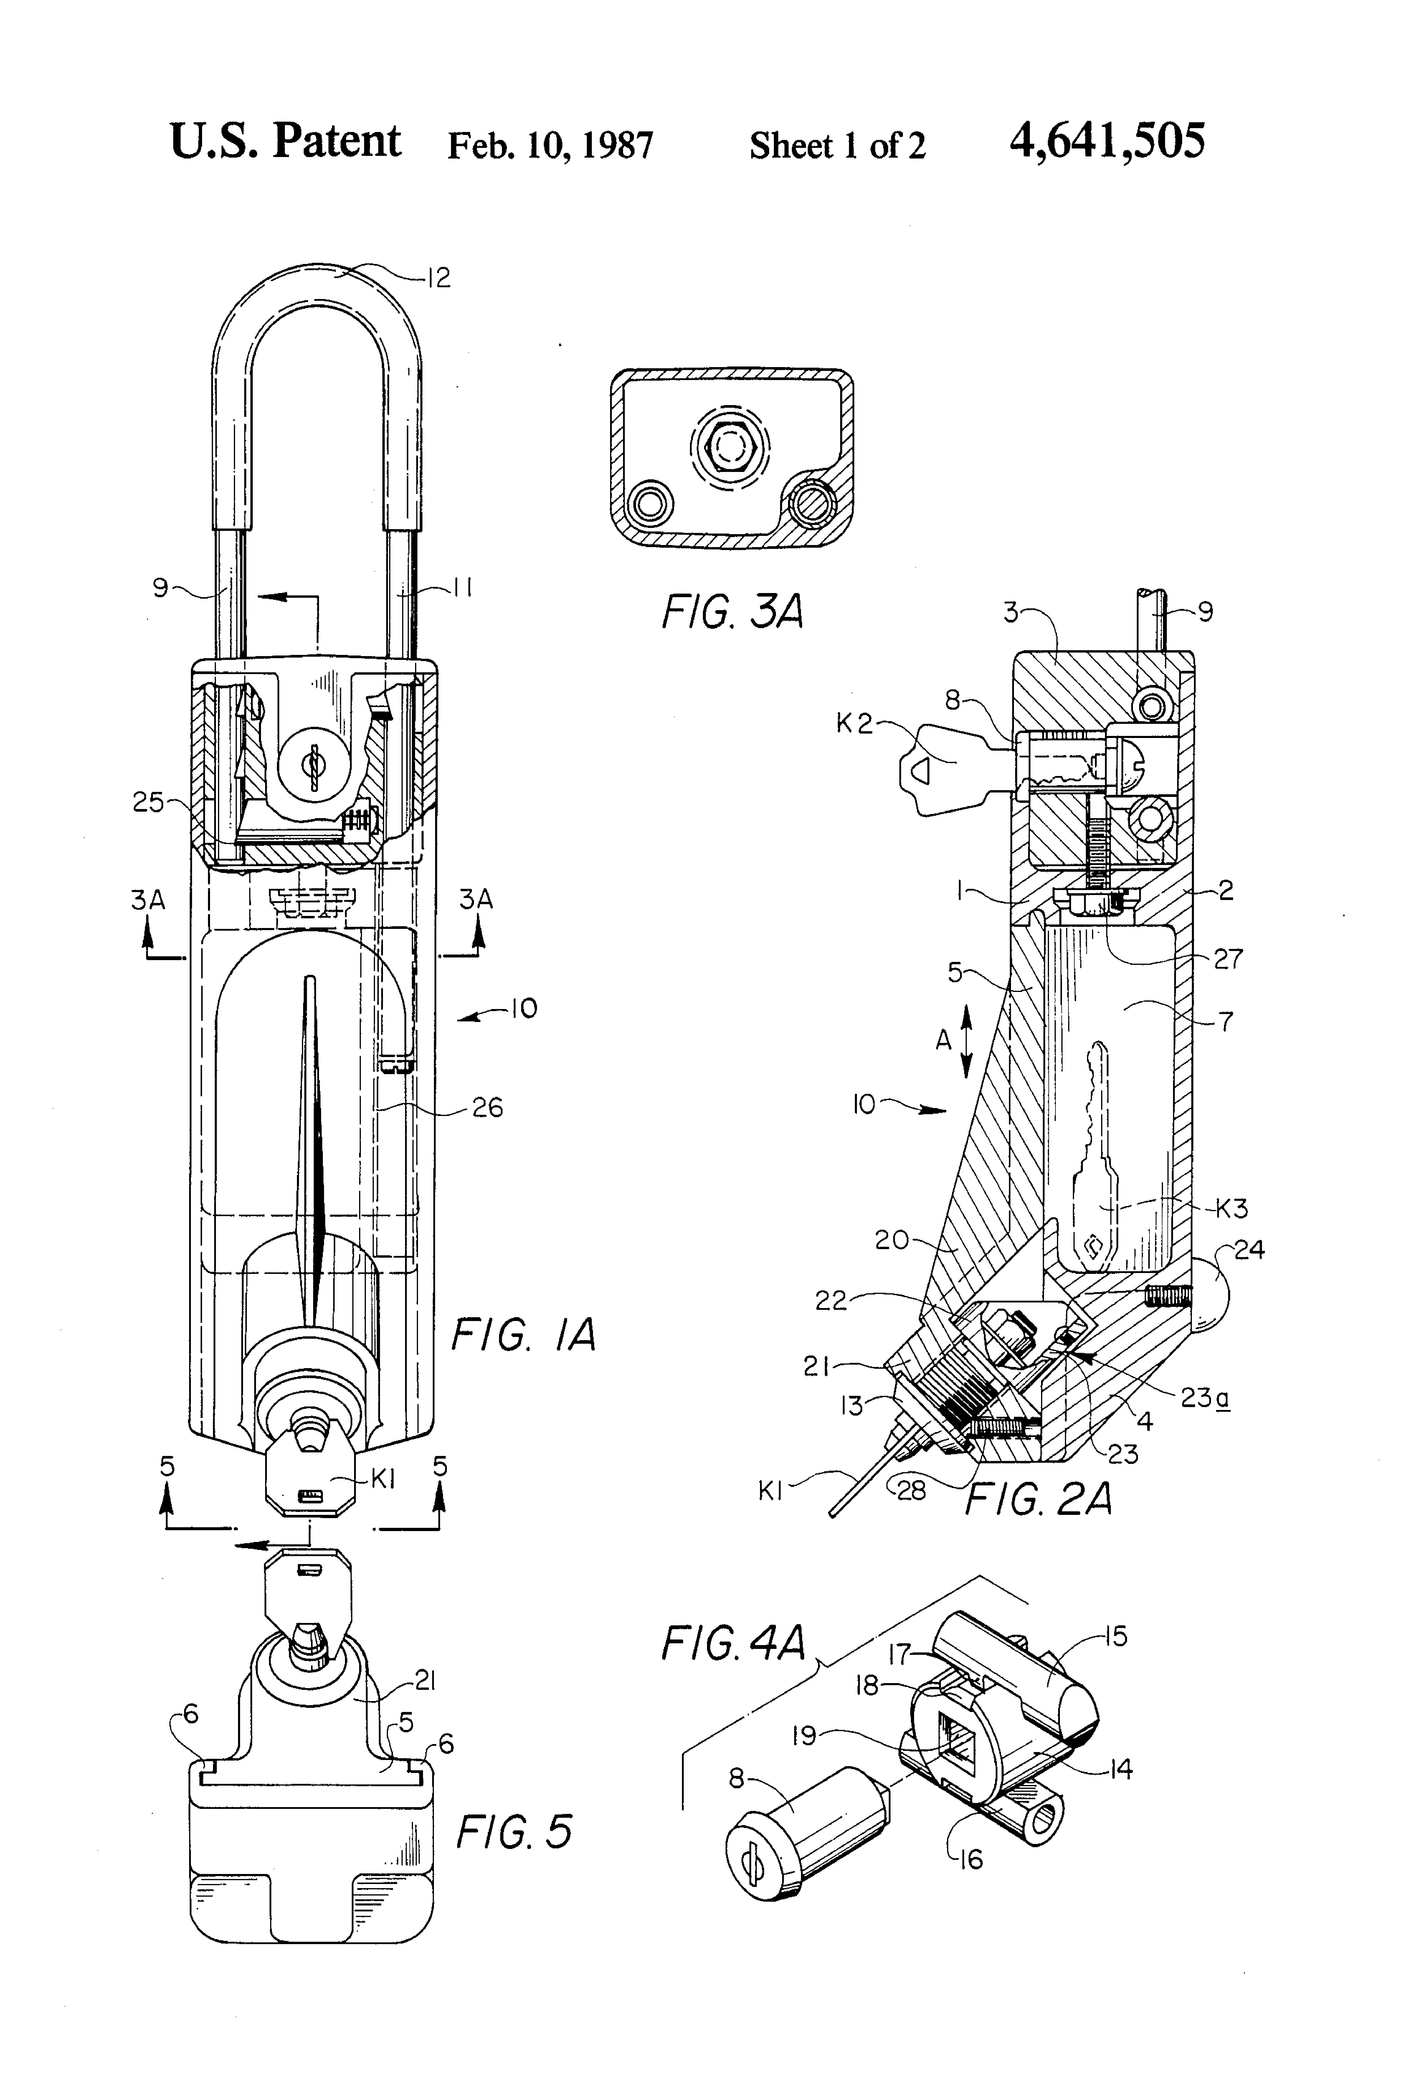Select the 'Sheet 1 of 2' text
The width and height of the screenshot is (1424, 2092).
click(x=837, y=145)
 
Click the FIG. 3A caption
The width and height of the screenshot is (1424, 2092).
click(x=732, y=612)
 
